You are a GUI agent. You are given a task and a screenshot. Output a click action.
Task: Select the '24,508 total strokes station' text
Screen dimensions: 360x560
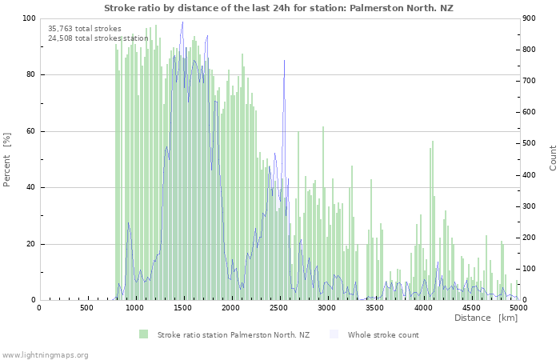(98, 38)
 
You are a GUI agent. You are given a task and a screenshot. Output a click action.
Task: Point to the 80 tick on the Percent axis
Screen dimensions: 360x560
(30, 75)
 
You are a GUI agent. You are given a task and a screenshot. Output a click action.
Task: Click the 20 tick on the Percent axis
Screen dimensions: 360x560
(30, 245)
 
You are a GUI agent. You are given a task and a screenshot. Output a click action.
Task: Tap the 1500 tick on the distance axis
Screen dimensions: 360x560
(182, 307)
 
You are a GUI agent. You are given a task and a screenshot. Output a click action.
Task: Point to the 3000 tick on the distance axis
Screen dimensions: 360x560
(326, 307)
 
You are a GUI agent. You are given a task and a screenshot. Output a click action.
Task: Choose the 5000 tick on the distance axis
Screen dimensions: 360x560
(518, 307)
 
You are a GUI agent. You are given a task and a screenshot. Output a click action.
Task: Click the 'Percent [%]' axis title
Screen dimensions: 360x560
(7, 160)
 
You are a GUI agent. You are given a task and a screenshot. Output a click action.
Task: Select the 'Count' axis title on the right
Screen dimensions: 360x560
(553, 158)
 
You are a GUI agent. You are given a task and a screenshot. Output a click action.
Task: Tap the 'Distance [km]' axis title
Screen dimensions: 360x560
(486, 318)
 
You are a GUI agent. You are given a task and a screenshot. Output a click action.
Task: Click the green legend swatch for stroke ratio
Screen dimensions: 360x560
(144, 334)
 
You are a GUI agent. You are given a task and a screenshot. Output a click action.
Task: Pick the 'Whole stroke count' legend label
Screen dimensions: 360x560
(383, 334)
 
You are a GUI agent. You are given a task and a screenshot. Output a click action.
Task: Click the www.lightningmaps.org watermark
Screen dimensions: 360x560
(45, 354)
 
